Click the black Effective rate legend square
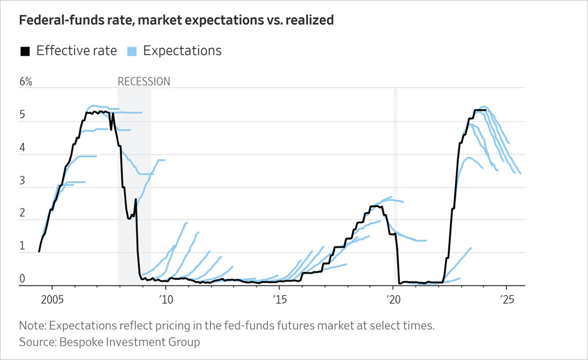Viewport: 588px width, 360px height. [25, 51]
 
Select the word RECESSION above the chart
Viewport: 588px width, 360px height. [144, 82]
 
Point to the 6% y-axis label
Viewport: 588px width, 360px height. [26, 82]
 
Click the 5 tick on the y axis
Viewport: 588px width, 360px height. [22, 115]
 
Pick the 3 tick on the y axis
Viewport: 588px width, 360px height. [22, 181]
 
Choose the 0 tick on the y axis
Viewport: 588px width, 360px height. [22, 279]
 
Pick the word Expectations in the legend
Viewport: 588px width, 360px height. [182, 51]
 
